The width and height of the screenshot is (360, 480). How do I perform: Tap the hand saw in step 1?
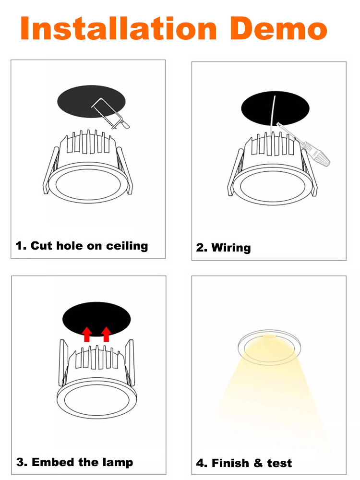111,114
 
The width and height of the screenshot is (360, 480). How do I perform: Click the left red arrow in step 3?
87,334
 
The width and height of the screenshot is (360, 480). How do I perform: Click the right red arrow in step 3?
106,334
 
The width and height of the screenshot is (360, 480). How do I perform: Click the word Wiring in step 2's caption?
231,248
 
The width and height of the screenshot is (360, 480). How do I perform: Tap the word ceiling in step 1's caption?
127,246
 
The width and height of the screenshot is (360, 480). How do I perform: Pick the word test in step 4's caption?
279,463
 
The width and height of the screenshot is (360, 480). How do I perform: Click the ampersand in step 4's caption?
258,463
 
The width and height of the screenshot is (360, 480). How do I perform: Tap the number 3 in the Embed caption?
20,462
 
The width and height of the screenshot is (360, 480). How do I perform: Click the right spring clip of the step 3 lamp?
131,363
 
